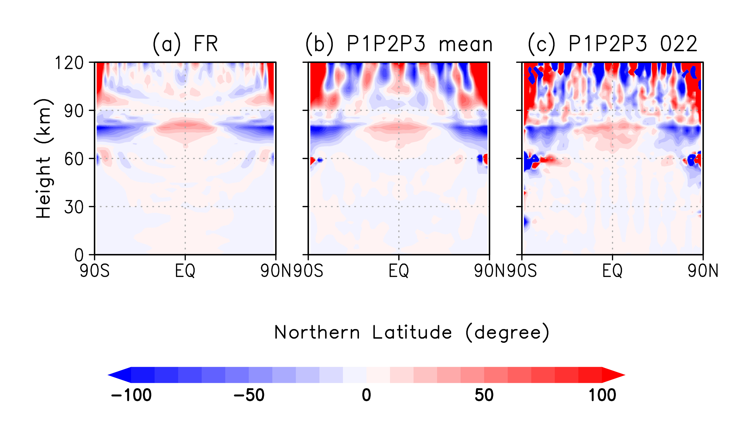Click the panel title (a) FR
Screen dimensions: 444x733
[x=185, y=44]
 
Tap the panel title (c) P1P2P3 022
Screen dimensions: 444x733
[x=612, y=44]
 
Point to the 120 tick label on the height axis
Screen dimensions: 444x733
[x=69, y=63]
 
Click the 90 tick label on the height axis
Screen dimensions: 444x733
[x=74, y=111]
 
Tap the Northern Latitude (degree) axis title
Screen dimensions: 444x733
[x=411, y=333]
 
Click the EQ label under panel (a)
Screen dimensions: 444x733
[x=185, y=271]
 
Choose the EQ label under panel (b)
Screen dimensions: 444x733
[x=399, y=271]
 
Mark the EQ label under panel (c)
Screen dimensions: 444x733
[x=612, y=271]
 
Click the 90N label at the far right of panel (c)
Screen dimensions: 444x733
[x=703, y=271]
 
